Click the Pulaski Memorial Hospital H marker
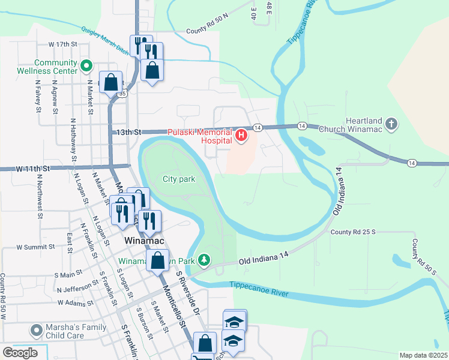point(241,136)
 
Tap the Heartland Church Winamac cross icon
point(391,124)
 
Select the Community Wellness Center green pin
point(86,65)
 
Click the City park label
point(178,179)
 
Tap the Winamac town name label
point(143,239)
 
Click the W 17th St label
point(64,44)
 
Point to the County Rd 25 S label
point(352,232)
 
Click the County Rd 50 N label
point(208,31)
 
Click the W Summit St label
point(35,247)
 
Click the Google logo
point(20,353)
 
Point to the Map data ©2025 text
point(423,355)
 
